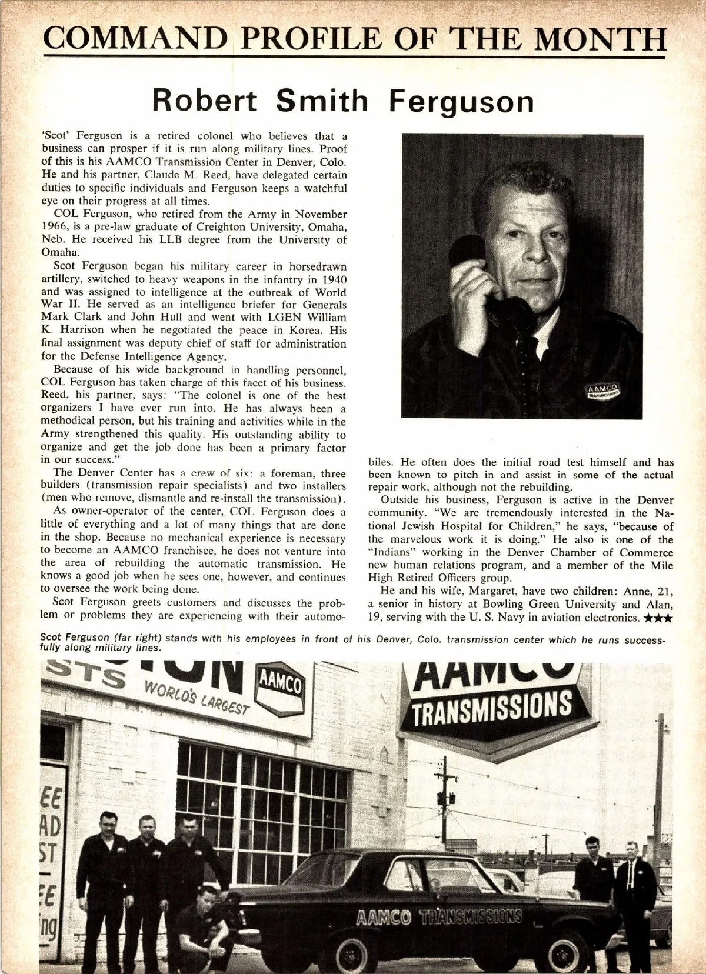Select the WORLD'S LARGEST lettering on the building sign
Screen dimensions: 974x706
coord(197,698)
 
